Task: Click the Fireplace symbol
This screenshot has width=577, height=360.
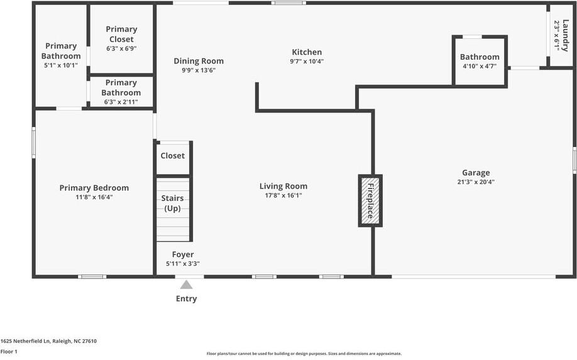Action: coord(370,200)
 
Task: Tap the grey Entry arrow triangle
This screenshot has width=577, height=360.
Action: coord(187,285)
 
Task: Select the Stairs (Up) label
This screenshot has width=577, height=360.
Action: coord(172,203)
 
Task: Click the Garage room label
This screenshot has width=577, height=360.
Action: coord(476,173)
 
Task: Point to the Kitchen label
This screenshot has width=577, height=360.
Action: coord(307,52)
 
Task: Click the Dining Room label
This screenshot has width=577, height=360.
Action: coord(199,61)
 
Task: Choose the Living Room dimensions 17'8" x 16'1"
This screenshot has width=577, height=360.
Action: coord(283,195)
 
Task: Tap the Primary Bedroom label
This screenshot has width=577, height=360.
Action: coord(94,188)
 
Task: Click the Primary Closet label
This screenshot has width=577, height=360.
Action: coord(121,34)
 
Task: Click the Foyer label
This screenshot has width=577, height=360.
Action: coord(183,254)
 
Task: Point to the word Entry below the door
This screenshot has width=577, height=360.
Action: coord(186,299)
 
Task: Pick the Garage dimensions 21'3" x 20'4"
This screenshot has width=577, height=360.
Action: coord(476,182)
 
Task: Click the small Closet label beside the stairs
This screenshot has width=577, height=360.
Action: coord(173,156)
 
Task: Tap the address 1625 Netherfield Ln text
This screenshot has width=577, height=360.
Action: coord(48,341)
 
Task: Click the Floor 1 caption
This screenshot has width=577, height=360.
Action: coord(9,351)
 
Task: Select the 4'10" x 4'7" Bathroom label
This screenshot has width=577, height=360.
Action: coord(480,66)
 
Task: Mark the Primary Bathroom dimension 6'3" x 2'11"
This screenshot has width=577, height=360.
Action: coord(121,102)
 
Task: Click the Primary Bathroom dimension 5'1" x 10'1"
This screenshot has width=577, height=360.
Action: coord(61,65)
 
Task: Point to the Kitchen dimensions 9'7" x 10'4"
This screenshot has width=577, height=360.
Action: coord(307,62)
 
